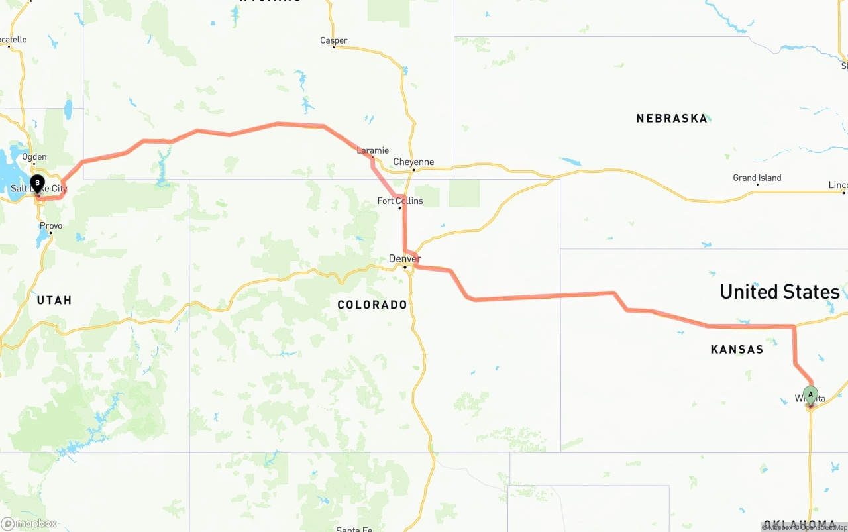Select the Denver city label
(x=405, y=258)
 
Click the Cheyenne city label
(x=413, y=162)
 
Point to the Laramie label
(x=373, y=150)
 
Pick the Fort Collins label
(x=400, y=201)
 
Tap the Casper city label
(x=333, y=40)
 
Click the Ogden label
(x=34, y=157)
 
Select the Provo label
(x=51, y=226)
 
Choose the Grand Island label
(x=757, y=178)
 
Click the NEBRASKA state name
(x=672, y=119)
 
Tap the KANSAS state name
(x=737, y=349)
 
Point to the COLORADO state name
(x=372, y=305)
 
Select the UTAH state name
(x=54, y=300)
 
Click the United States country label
(x=779, y=292)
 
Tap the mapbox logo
(x=29, y=523)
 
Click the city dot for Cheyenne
(x=413, y=170)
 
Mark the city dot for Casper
(x=333, y=48)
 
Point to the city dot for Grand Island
(x=757, y=184)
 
